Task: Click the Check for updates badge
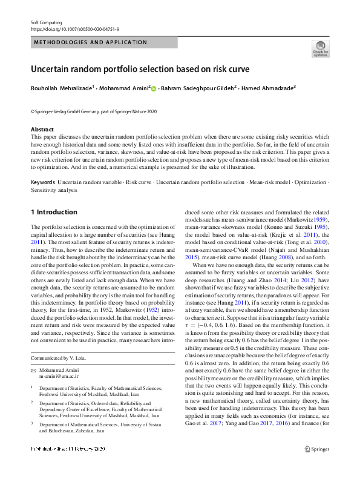pyautogui.click(x=320, y=48)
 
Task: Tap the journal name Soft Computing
pyautogui.click(x=47, y=22)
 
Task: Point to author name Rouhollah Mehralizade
pyautogui.click(x=61, y=88)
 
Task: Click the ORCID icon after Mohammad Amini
pyautogui.click(x=153, y=89)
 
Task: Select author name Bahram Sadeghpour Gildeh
pyautogui.click(x=197, y=88)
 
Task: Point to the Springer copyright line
pyautogui.click(x=93, y=111)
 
